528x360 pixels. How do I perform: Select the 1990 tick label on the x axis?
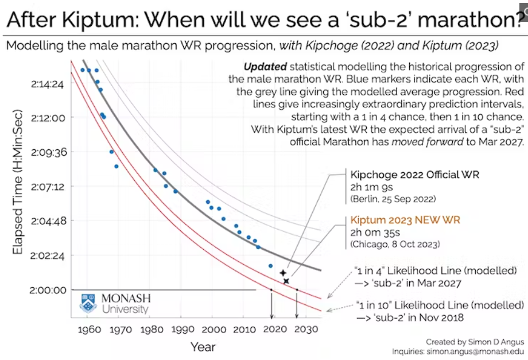point(183,330)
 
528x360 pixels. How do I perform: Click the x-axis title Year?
point(203,347)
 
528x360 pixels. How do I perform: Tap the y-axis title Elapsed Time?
point(18,192)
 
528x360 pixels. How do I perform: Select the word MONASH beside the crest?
point(126,299)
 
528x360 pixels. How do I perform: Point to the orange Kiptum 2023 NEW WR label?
point(405,220)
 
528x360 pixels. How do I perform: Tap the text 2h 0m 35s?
point(375,233)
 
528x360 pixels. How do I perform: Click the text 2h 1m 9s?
point(372,187)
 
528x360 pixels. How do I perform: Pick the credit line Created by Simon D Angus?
point(475,341)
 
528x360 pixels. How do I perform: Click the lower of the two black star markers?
point(286,281)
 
